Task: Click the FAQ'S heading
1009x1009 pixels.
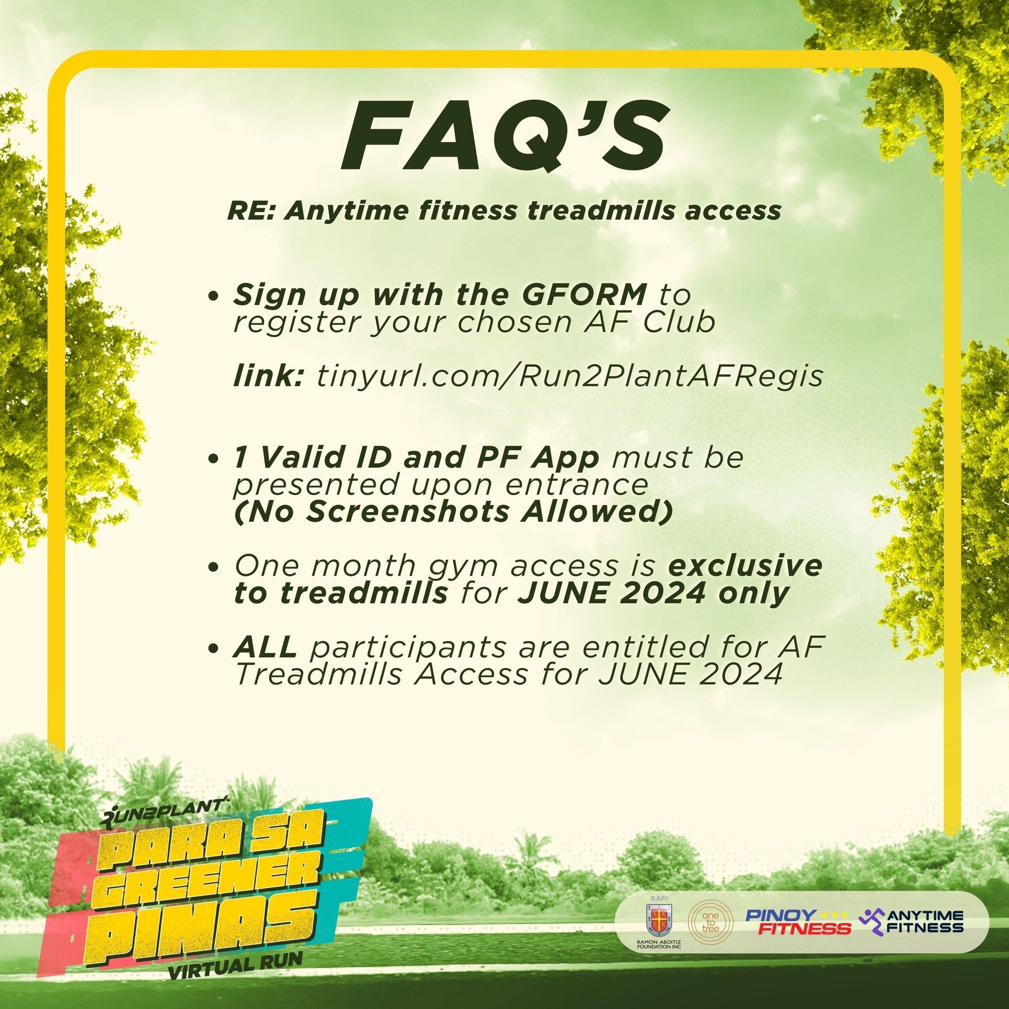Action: [x=504, y=137]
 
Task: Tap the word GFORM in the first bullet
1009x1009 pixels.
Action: [x=584, y=295]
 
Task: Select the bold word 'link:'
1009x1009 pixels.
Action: [x=269, y=375]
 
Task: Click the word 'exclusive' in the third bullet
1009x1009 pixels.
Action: [x=745, y=566]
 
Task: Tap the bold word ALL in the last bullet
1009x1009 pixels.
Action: [x=266, y=647]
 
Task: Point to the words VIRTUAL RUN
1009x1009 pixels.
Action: [x=235, y=966]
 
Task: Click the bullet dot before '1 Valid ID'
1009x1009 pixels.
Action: [x=212, y=459]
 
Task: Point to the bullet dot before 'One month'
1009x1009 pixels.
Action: [x=212, y=567]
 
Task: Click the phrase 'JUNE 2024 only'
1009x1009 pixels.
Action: [x=653, y=593]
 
